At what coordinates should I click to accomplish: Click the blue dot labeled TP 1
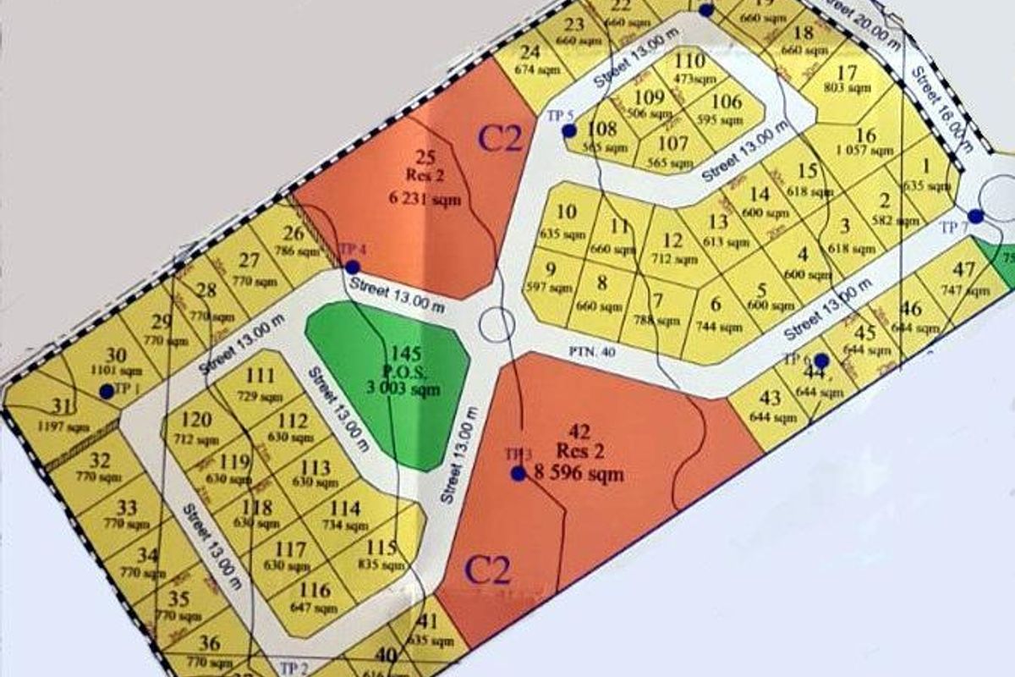(107, 391)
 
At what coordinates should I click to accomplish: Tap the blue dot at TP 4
(352, 267)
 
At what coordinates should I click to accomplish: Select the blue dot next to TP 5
(569, 130)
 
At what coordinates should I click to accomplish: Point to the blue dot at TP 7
(976, 217)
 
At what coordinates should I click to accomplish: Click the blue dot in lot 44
(820, 361)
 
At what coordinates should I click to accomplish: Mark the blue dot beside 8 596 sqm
(518, 473)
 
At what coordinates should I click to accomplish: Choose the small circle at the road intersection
(497, 323)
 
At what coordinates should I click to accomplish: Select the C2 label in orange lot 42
(488, 572)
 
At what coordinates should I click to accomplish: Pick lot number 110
(689, 61)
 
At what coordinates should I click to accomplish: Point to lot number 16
(865, 135)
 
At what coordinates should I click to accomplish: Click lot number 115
(381, 547)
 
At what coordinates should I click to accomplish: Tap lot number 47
(963, 271)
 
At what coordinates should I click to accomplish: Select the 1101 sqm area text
(118, 369)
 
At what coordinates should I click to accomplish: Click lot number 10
(568, 212)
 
